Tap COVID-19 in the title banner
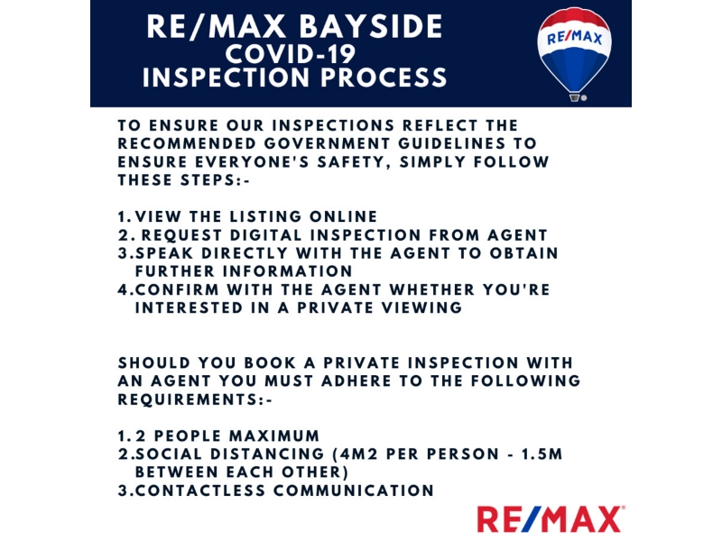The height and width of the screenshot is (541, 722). point(291,54)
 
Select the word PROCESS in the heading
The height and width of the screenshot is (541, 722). point(384,77)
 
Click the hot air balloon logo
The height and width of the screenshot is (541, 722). point(574,54)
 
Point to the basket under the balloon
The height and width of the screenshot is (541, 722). point(574,97)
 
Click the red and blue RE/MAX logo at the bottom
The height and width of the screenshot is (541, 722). point(551,519)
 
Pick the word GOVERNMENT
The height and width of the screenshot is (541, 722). point(327,143)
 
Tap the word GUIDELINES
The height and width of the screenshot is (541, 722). point(452,143)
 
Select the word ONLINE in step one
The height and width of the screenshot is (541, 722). point(343,216)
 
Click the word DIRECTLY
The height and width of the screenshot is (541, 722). point(245,253)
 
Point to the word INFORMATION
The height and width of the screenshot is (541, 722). point(287,271)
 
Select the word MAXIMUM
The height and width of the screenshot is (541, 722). point(274,436)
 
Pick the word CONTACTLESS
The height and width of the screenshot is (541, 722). point(200,491)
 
